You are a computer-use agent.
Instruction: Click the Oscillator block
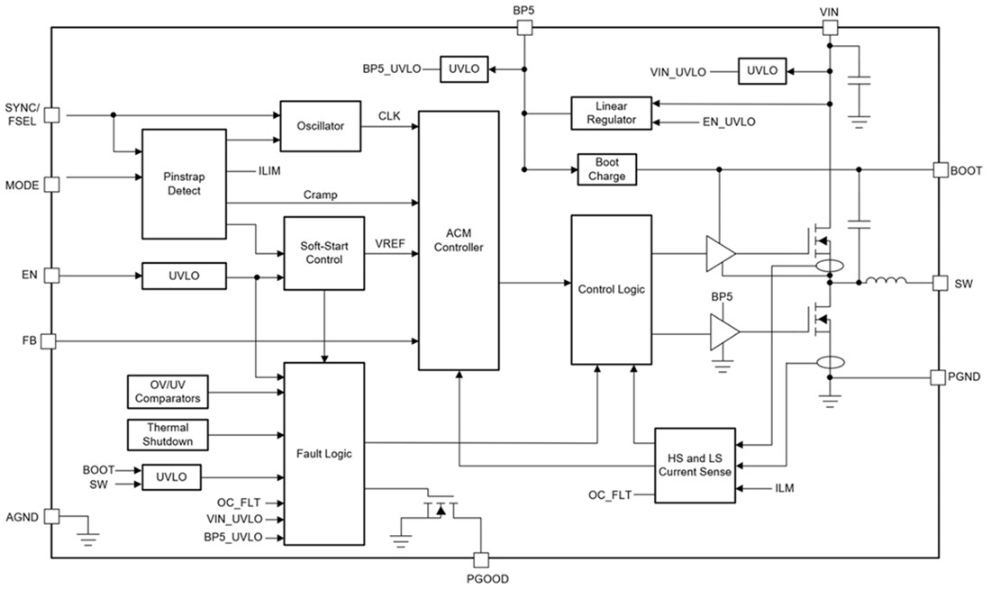320,126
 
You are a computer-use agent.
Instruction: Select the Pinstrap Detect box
184,185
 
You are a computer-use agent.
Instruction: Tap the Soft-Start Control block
323,253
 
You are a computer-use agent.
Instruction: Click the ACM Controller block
459,240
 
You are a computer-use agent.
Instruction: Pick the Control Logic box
610,289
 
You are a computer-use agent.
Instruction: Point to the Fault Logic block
323,453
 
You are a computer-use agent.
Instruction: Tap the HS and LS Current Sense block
695,465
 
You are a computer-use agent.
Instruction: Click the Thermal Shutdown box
166,434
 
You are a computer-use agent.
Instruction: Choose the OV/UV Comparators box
166,392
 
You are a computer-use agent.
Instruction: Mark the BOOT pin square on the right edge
941,169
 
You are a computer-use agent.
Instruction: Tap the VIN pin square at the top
829,28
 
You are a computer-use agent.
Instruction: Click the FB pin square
50,341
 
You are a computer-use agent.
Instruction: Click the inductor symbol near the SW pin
886,283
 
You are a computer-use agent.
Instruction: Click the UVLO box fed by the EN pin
184,276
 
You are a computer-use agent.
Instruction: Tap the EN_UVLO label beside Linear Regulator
728,122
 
